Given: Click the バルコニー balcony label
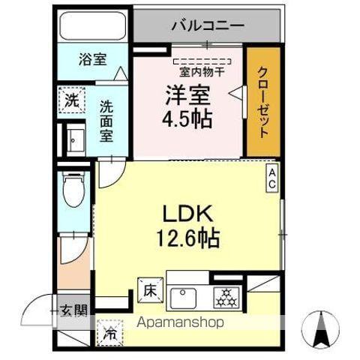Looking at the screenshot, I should [208, 25].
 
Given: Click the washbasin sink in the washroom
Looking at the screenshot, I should [74, 140].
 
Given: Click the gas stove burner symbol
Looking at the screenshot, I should [226, 297].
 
